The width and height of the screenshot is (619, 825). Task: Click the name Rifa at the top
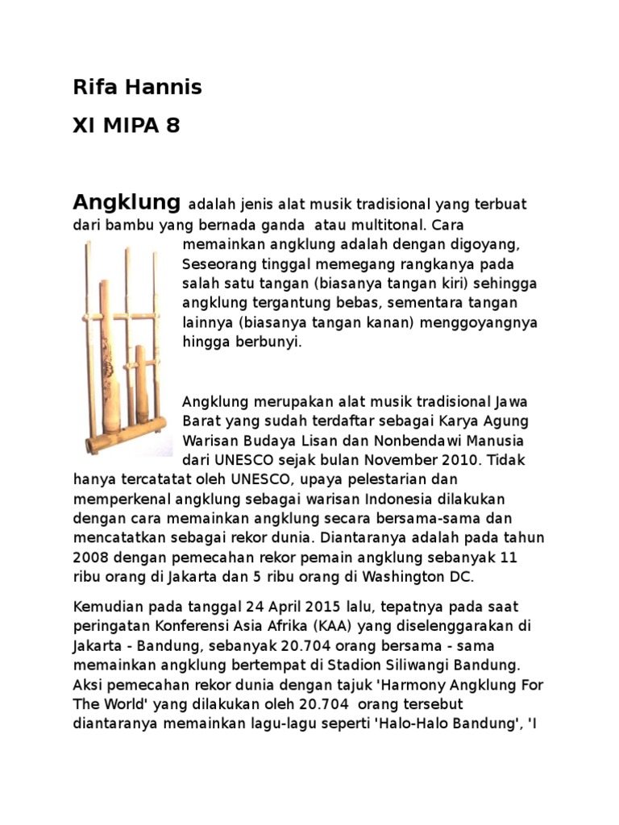91,87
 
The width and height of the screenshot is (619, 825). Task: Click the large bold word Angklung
126,201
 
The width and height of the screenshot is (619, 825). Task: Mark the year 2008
90,558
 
